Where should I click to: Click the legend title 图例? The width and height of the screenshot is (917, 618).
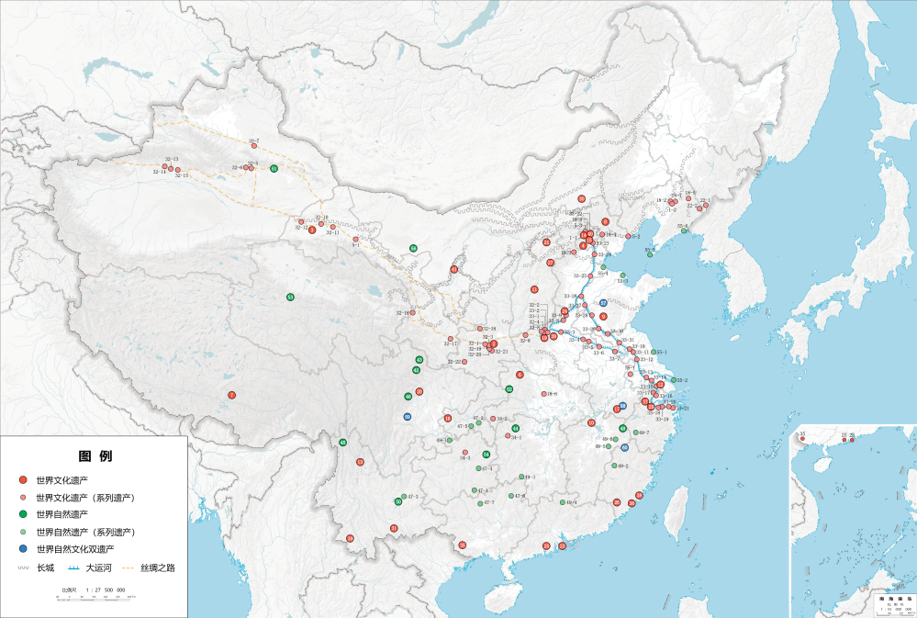95,456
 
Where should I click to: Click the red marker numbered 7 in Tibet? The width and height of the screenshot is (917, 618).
232,395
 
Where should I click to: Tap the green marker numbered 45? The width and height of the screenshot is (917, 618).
342,443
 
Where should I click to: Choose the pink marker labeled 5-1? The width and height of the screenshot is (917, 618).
355,240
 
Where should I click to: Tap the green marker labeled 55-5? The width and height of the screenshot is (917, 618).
650,254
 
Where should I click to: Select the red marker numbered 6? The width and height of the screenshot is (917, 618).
520,375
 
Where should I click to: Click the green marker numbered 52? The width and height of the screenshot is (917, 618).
509,389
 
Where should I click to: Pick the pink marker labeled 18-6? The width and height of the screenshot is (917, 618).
542,395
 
